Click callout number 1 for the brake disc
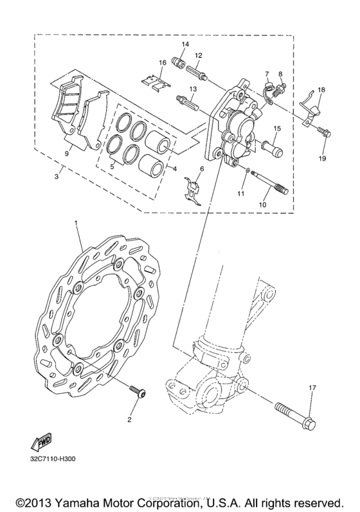click(76, 222)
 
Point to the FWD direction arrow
click(40, 442)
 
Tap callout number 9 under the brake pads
click(66, 154)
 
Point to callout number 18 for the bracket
click(321, 90)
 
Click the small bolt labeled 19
click(321, 132)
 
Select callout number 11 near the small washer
click(242, 193)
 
